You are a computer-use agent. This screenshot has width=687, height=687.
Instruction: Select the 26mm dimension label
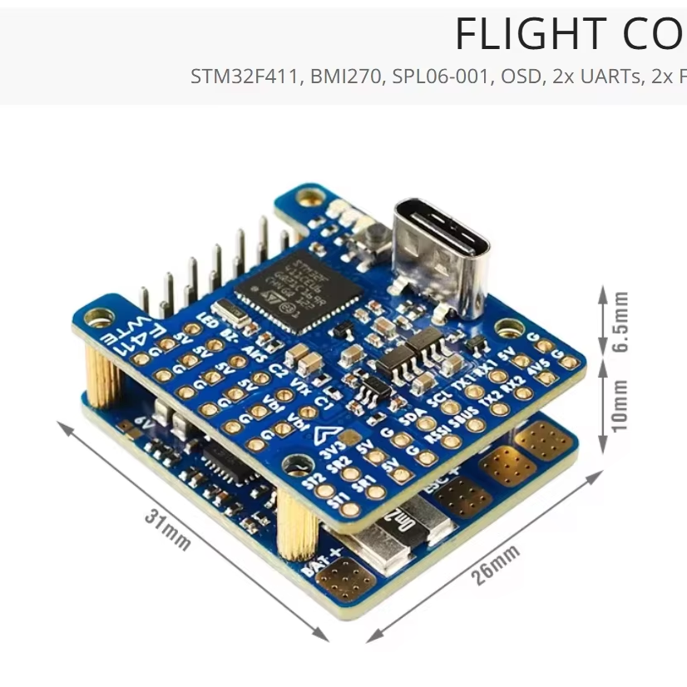(x=497, y=565)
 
